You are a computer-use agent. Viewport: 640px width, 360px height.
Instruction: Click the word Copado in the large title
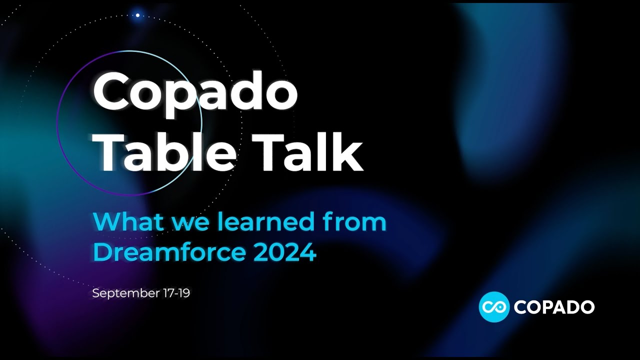click(195, 92)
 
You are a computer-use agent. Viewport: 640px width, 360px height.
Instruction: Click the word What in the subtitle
click(128, 221)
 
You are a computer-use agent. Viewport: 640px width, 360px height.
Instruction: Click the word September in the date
click(125, 293)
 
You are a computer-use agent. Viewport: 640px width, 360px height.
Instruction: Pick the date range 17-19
click(176, 293)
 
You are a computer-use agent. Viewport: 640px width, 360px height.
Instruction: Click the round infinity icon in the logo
click(494, 306)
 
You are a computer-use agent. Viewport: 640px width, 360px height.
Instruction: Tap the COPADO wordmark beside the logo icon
click(554, 307)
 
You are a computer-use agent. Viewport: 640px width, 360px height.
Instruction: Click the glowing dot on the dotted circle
click(137, 15)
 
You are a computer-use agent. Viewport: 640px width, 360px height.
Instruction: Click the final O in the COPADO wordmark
click(585, 307)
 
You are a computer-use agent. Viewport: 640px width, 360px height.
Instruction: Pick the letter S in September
click(95, 293)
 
